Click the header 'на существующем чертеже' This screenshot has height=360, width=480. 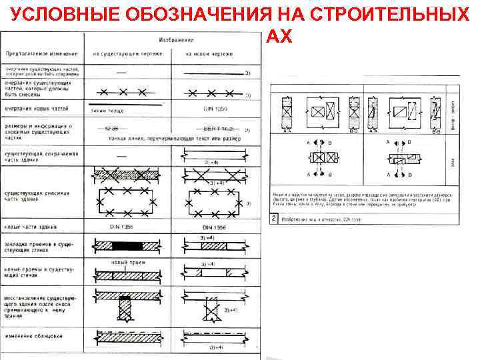pyautogui.click(x=127, y=53)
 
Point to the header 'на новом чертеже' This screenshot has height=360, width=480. pyautogui.click(x=207, y=53)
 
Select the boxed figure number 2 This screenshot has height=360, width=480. pyautogui.click(x=273, y=218)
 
